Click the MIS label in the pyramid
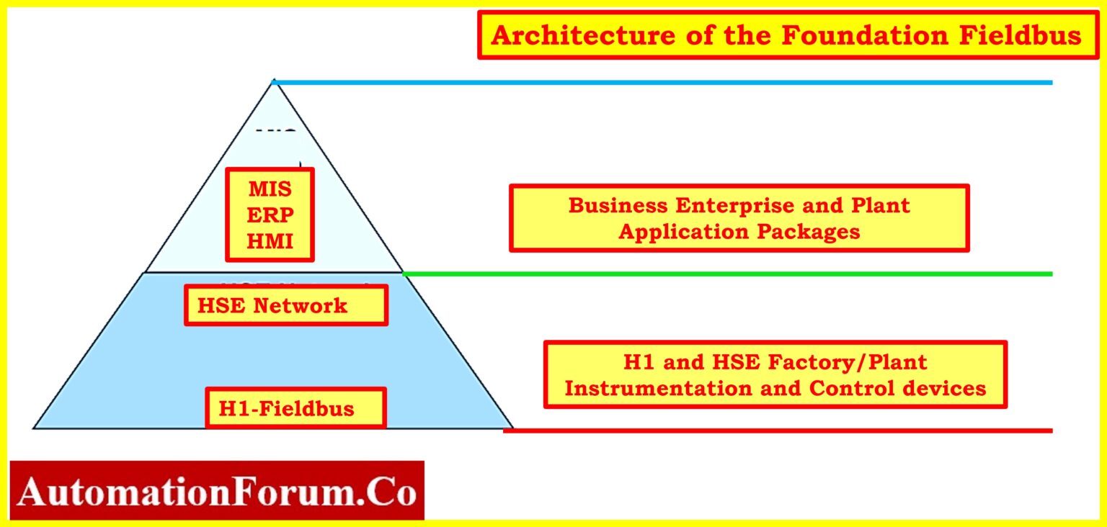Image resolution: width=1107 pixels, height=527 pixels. (x=270, y=189)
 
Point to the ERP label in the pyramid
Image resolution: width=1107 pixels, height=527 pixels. (x=270, y=215)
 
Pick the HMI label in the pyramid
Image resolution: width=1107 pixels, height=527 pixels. (x=270, y=240)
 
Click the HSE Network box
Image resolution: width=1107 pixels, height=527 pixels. (x=286, y=305)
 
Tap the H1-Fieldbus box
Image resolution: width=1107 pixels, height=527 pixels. (x=296, y=409)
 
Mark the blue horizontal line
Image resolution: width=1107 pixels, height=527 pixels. (x=663, y=83)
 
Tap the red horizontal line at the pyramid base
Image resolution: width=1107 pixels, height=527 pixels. (x=778, y=431)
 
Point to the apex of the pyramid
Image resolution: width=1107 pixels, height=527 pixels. (x=273, y=81)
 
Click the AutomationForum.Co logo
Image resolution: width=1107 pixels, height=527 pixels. (x=217, y=492)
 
